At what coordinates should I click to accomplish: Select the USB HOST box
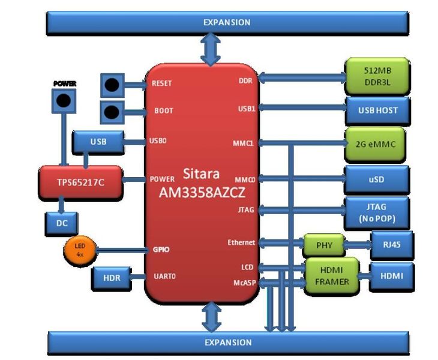[x=377, y=110]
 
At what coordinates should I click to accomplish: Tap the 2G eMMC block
[x=376, y=144]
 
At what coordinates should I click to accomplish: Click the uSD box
[x=377, y=179]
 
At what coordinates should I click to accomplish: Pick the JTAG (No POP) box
[x=377, y=213]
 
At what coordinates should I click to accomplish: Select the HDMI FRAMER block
[x=332, y=275]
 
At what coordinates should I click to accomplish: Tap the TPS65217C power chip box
[x=80, y=181]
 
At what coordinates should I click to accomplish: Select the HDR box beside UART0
[x=112, y=278]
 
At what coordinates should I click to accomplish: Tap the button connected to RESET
[x=111, y=85]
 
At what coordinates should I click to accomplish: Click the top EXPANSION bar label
[x=226, y=22]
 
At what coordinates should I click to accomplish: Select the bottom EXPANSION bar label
[x=226, y=343]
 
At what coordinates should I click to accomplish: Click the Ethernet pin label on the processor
[x=241, y=243]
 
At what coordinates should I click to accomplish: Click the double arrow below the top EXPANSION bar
[x=211, y=50]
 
